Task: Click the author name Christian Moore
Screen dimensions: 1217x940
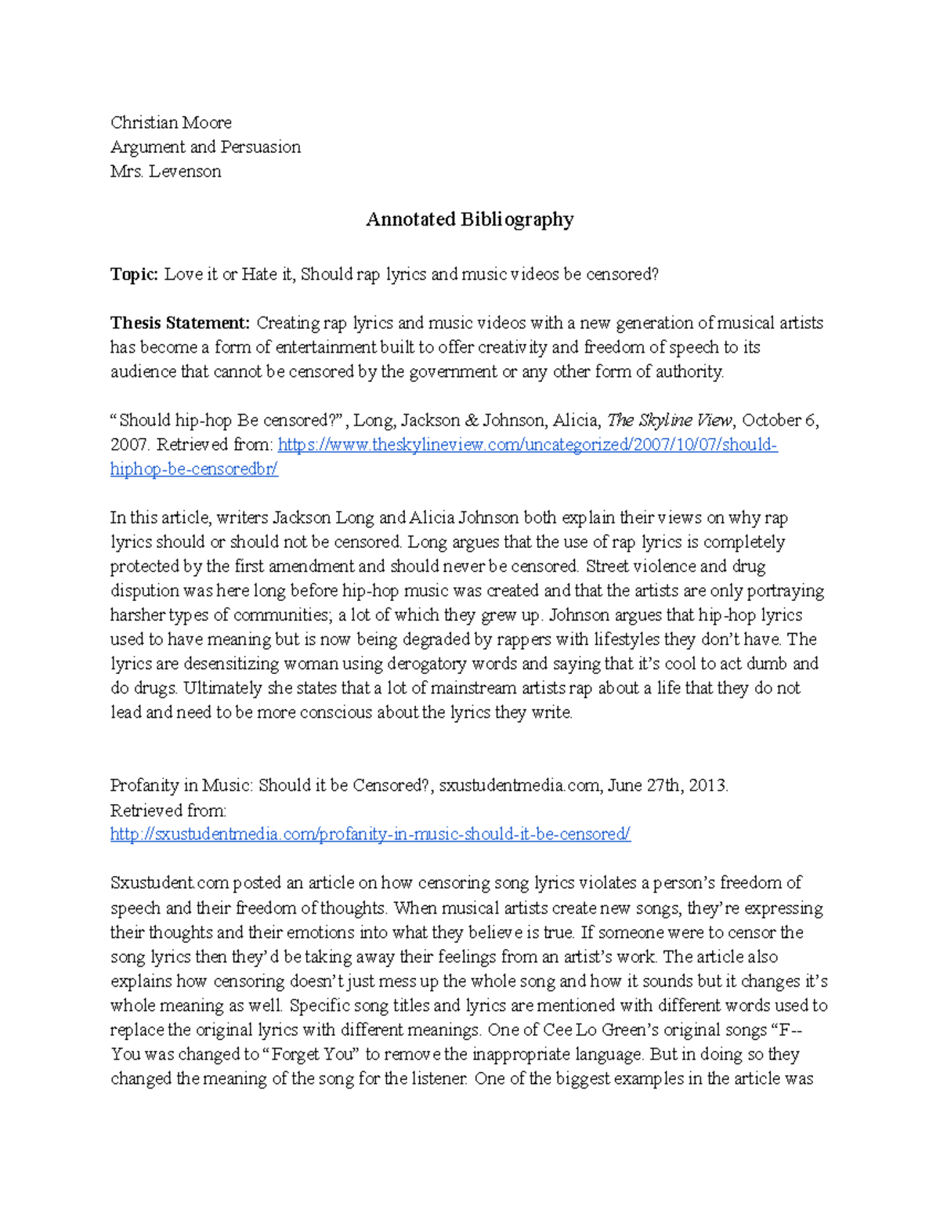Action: pyautogui.click(x=171, y=122)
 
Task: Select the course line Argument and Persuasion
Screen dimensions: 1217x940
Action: pyautogui.click(x=205, y=147)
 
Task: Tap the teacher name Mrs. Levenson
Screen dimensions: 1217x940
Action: pyautogui.click(x=165, y=171)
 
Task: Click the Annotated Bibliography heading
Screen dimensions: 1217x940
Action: pyautogui.click(x=469, y=219)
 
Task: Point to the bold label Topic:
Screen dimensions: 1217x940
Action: pyautogui.click(x=134, y=274)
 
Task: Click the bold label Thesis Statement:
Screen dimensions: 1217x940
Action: pyautogui.click(x=179, y=323)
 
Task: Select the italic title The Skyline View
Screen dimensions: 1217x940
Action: pyautogui.click(x=671, y=420)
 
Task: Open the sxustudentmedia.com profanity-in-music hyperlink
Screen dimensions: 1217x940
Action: pyautogui.click(x=370, y=835)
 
